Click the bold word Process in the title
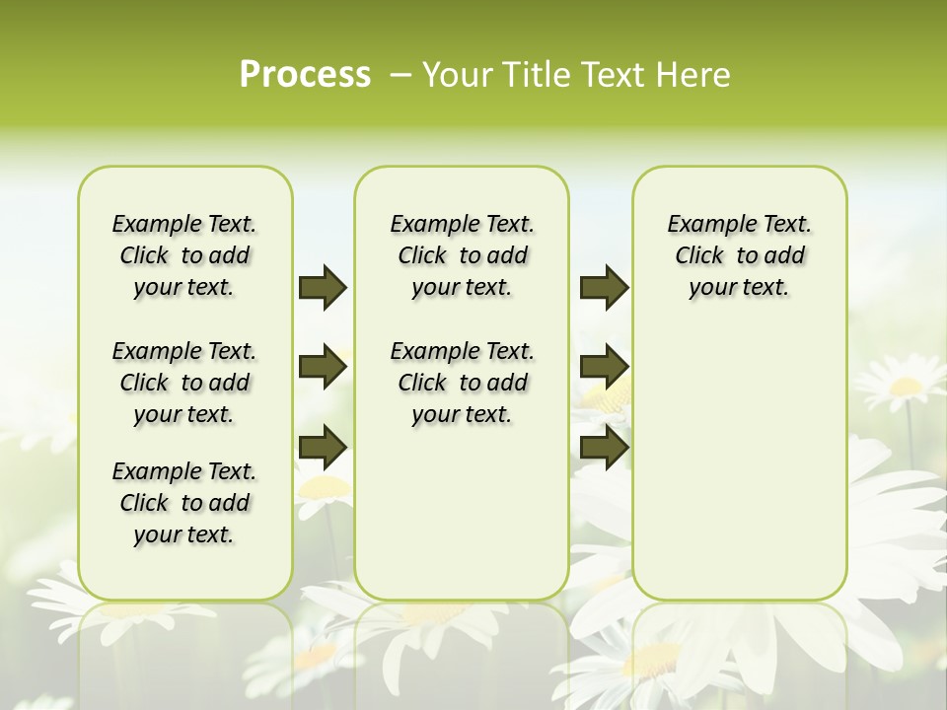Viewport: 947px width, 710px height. tap(305, 74)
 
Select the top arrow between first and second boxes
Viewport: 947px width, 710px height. tap(323, 287)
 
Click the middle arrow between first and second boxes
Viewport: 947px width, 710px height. tap(323, 367)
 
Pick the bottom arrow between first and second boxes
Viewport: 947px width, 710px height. tap(323, 447)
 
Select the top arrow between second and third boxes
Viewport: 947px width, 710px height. tap(604, 287)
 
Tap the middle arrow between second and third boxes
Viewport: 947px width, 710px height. tap(604, 367)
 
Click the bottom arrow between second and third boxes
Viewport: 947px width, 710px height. tap(604, 447)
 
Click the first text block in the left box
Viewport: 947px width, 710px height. tap(184, 255)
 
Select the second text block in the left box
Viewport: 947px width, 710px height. tap(184, 383)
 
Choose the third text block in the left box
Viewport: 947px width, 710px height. tap(184, 503)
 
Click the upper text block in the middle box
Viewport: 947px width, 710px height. tap(462, 255)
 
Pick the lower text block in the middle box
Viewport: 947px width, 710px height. tap(462, 383)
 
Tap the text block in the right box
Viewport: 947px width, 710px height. tap(739, 255)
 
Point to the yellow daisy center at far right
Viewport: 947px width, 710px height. tap(906, 386)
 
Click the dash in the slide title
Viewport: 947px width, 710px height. tap(401, 75)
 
